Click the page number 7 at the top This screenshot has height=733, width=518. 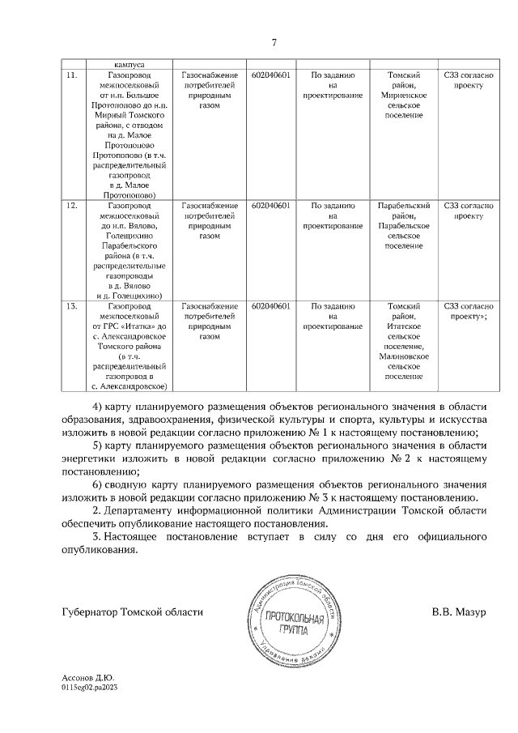(274, 42)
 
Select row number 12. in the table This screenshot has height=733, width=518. (70, 207)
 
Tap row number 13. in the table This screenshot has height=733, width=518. (70, 307)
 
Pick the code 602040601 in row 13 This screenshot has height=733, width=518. (270, 307)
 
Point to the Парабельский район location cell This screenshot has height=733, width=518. (403, 225)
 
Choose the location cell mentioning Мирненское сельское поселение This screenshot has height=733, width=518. (403, 95)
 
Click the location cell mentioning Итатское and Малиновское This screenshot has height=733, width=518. (403, 341)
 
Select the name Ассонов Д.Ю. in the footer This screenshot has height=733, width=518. (88, 699)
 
